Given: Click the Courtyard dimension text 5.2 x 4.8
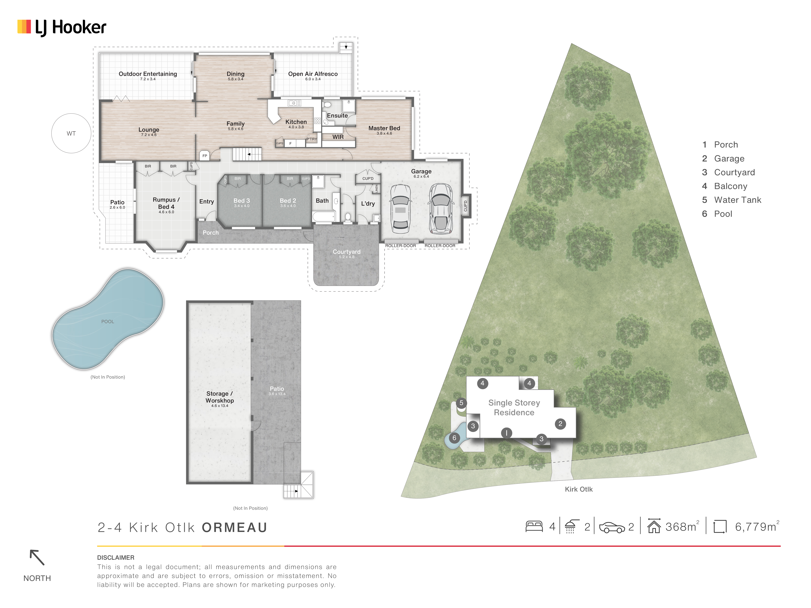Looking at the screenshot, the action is pos(346,257).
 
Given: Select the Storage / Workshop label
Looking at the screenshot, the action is pos(220,397).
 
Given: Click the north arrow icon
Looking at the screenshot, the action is pos(37,557).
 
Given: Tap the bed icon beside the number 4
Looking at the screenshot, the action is pos(534,527).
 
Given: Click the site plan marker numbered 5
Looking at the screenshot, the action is pos(461,403).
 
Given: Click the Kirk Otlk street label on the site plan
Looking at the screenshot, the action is pos(579,489).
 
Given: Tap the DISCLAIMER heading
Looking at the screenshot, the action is pos(115,557).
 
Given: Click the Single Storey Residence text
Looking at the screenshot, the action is pos(514,408).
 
